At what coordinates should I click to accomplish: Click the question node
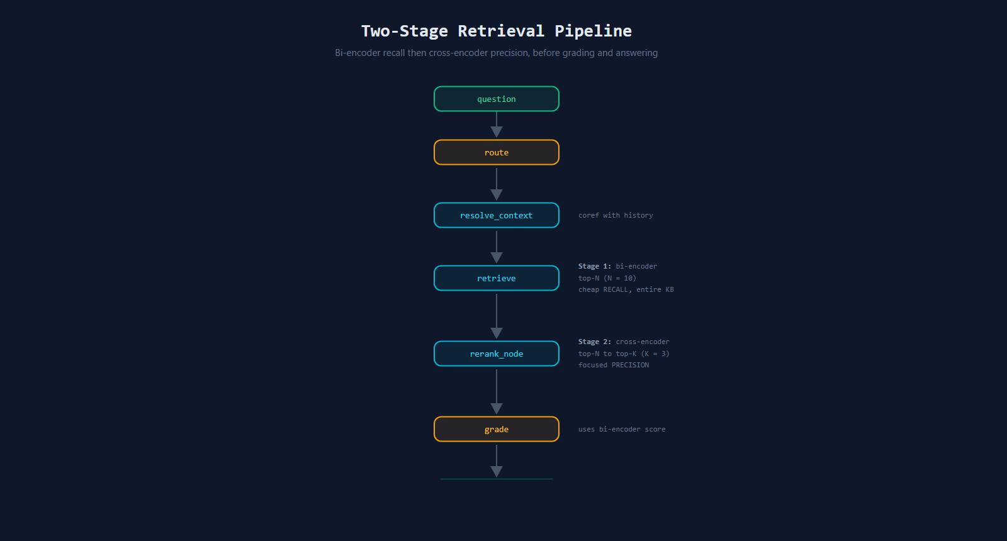(497, 99)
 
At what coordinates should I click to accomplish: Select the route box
(497, 152)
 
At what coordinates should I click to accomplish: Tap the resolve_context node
(497, 215)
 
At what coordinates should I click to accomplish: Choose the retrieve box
(497, 278)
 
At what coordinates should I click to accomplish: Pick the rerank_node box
(497, 354)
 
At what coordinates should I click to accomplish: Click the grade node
(497, 429)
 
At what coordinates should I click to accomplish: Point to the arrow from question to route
(497, 125)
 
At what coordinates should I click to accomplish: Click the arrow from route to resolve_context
(497, 184)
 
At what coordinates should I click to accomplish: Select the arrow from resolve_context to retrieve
(497, 247)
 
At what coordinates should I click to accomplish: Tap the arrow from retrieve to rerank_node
(497, 316)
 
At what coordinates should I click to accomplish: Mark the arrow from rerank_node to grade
(497, 392)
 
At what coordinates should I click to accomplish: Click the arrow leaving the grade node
(497, 461)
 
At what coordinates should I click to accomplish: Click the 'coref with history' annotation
(616, 215)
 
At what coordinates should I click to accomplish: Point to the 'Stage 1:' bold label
(595, 266)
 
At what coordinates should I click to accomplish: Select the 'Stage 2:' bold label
(595, 342)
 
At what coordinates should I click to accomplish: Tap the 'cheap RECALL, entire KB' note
(626, 289)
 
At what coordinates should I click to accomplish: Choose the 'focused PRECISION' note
(614, 365)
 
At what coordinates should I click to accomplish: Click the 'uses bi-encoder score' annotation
(622, 429)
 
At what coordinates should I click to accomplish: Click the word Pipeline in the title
(593, 31)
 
